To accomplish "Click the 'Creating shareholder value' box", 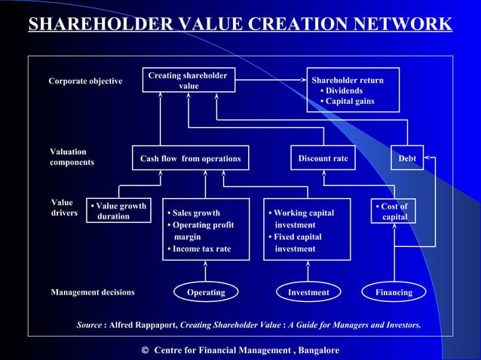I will click(188, 81).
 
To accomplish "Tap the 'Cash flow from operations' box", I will click(190, 158).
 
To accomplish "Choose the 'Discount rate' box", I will click(323, 158).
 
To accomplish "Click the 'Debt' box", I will click(407, 158).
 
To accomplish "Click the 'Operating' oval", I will click(206, 292).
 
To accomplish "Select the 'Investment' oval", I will click(308, 292).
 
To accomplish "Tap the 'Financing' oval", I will click(394, 292).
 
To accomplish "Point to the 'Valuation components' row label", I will click(72, 157).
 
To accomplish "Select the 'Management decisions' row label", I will click(92, 292).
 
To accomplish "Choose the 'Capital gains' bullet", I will click(349, 102).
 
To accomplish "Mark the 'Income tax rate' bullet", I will click(200, 249).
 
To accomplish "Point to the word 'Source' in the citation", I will click(89, 325).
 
